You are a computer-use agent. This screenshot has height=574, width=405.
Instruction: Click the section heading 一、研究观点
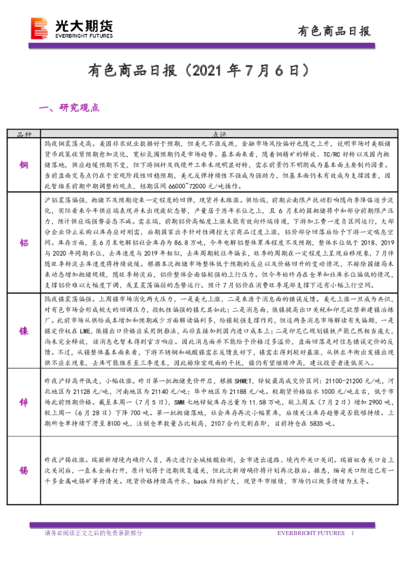point(70,108)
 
